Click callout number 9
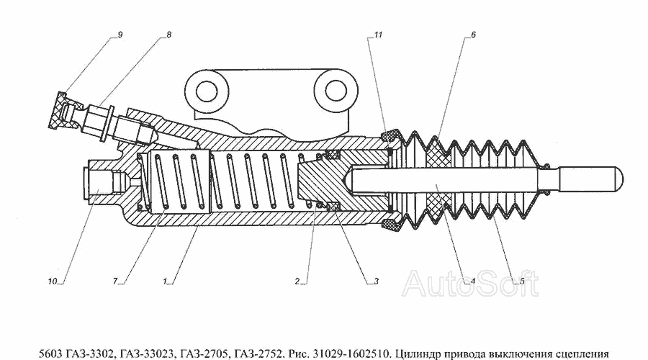(x=120, y=35)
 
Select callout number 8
(x=168, y=35)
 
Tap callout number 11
(x=378, y=35)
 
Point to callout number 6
(x=473, y=35)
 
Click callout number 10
(x=52, y=282)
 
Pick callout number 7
(x=115, y=282)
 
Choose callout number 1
(x=164, y=282)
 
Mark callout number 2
(x=297, y=282)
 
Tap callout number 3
(x=376, y=282)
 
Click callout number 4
(x=473, y=282)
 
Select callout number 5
(x=521, y=282)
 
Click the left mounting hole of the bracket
(x=207, y=91)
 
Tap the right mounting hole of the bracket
(x=336, y=90)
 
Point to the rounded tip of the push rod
(x=618, y=178)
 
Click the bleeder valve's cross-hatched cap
(x=58, y=110)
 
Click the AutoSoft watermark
(x=470, y=284)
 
